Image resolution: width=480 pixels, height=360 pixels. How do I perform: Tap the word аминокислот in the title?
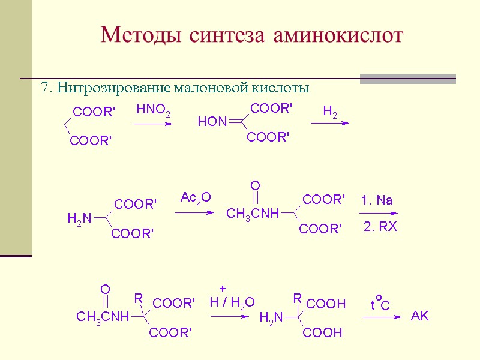pos(338,35)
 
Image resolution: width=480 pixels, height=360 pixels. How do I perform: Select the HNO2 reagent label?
pos(153,110)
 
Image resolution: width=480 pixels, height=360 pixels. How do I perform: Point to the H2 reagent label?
pos(330,112)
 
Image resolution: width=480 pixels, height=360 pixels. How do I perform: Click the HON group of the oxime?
pos(212,122)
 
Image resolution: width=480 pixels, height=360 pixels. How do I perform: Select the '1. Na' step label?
pos(377,200)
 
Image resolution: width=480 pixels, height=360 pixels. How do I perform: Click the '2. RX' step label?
pos(380,227)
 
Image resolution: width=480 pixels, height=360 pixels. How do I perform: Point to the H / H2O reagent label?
pos(232,302)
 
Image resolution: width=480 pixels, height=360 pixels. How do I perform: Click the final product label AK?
pos(420,316)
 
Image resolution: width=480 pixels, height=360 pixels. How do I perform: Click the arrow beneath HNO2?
pos(153,124)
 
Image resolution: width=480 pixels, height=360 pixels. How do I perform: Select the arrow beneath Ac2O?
pos(194,212)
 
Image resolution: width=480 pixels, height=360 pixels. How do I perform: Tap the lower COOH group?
pos(323,332)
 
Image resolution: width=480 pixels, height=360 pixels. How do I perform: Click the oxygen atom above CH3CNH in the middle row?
pos(255,185)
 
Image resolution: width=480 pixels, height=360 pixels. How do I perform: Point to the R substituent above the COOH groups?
pos(296,298)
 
